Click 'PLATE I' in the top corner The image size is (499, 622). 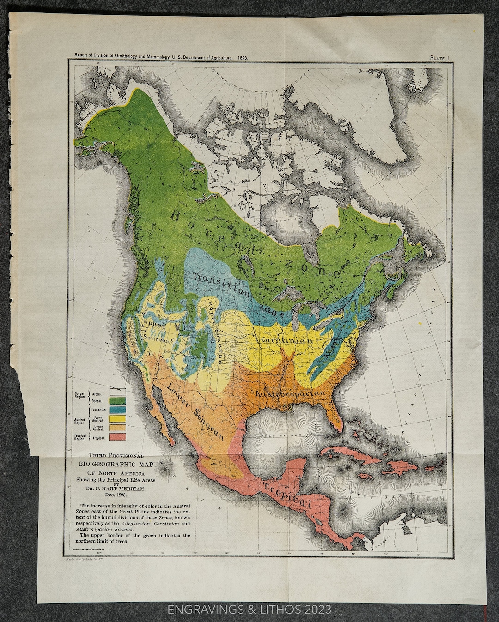(x=439, y=58)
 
